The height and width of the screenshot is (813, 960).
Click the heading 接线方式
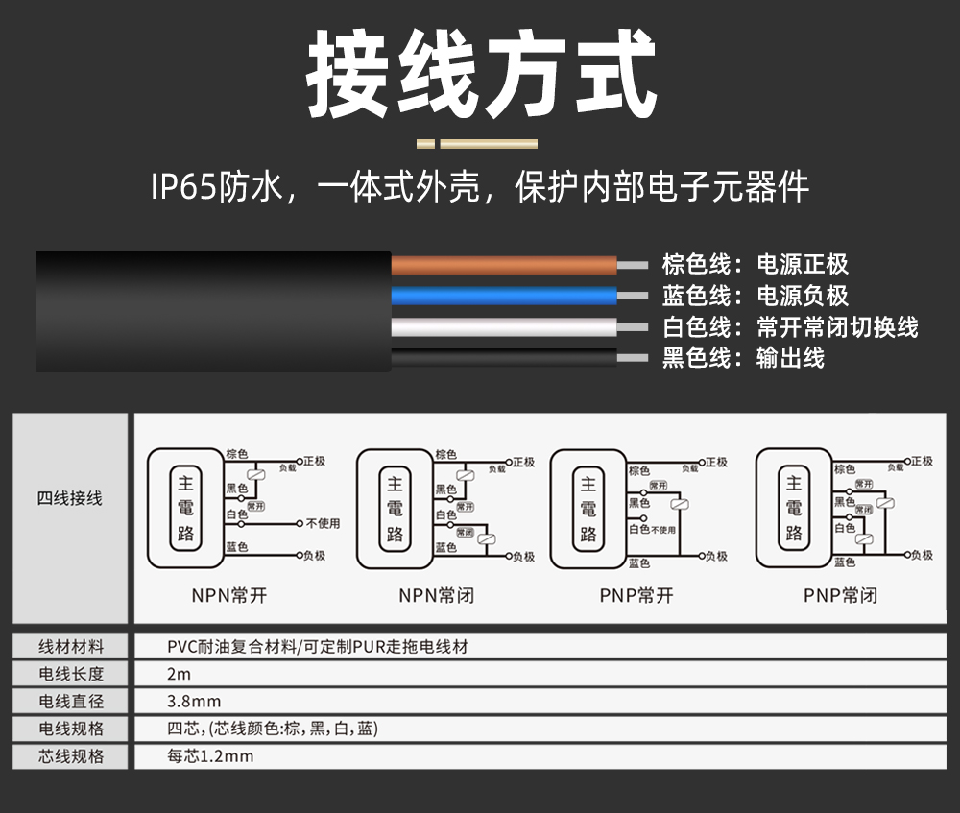pyautogui.click(x=481, y=74)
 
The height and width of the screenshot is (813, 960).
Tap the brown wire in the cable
pyautogui.click(x=503, y=265)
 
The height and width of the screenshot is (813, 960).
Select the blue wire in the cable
pyautogui.click(x=503, y=295)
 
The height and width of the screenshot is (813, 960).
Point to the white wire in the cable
pyautogui.click(x=503, y=326)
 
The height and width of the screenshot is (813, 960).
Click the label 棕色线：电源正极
pyautogui.click(x=755, y=265)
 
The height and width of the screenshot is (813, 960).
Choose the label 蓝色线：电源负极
pyautogui.click(x=755, y=296)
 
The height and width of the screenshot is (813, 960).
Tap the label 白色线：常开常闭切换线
pyautogui.click(x=789, y=327)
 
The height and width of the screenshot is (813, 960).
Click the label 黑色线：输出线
pyautogui.click(x=742, y=358)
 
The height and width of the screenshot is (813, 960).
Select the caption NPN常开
pyautogui.click(x=228, y=595)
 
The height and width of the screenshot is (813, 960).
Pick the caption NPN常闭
pyautogui.click(x=437, y=595)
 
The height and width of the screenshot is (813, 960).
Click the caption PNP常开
pyautogui.click(x=636, y=595)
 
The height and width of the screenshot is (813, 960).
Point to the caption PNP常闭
pyautogui.click(x=840, y=595)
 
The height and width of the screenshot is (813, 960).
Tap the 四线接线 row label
pyautogui.click(x=69, y=498)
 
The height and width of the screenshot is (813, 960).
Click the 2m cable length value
pyautogui.click(x=179, y=674)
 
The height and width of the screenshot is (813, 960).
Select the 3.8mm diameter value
pyautogui.click(x=194, y=702)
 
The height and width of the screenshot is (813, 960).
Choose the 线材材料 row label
pyautogui.click(x=70, y=646)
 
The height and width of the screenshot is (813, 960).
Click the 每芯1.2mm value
pyautogui.click(x=210, y=756)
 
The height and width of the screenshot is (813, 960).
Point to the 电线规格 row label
pyautogui.click(x=70, y=729)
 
